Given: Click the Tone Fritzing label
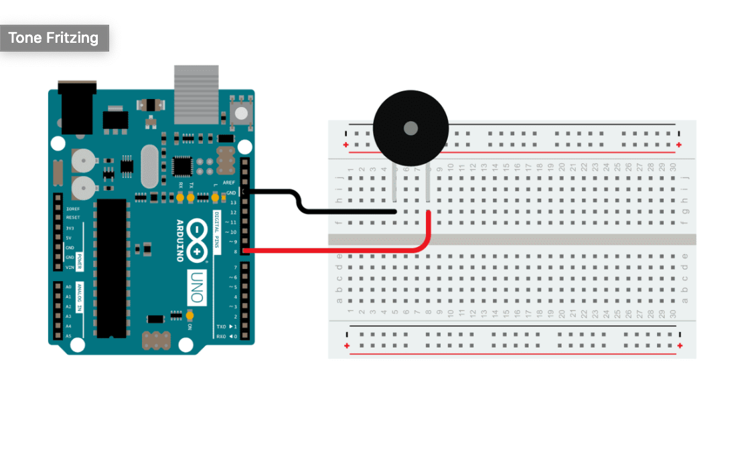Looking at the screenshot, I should click(x=54, y=38).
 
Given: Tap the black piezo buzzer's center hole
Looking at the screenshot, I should click(x=410, y=128).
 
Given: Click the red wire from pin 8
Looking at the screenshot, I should click(x=335, y=251).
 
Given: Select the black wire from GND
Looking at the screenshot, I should click(x=348, y=211).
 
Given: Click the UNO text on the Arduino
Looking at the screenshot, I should click(x=196, y=285).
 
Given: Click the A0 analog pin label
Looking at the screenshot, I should click(x=68, y=286).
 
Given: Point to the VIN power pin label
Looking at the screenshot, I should click(x=70, y=267).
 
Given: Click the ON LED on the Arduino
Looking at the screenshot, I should click(x=190, y=316).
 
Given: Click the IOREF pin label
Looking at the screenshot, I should click(x=73, y=208).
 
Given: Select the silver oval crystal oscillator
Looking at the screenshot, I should click(x=149, y=167).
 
